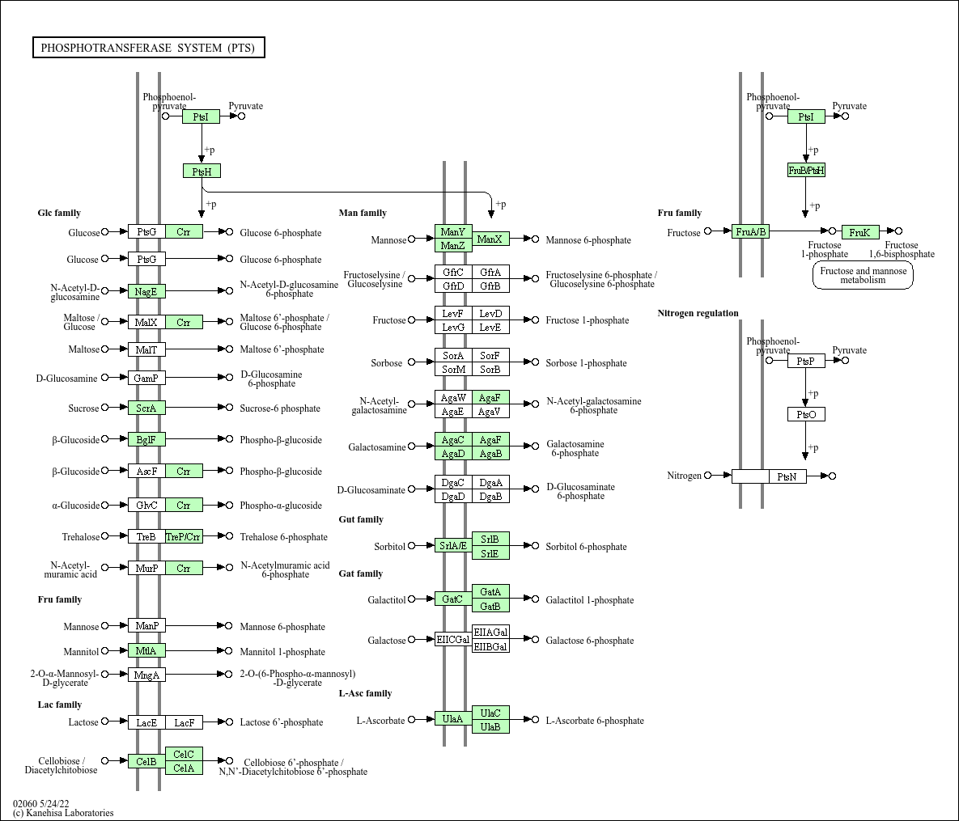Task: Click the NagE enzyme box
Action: pyautogui.click(x=146, y=291)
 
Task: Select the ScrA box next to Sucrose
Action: pyautogui.click(x=146, y=408)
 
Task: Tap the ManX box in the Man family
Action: pyautogui.click(x=490, y=239)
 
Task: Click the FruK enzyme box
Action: pyautogui.click(x=859, y=232)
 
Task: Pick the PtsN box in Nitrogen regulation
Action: pyautogui.click(x=787, y=476)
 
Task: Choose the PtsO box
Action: pyautogui.click(x=806, y=415)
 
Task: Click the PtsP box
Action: pyautogui.click(x=806, y=361)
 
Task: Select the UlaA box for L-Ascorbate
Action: pyautogui.click(x=453, y=719)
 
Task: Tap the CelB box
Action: pyautogui.click(x=146, y=761)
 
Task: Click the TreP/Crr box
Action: pyautogui.click(x=184, y=537)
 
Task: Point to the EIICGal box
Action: pyautogui.click(x=453, y=640)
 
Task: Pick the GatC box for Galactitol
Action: pyautogui.click(x=453, y=599)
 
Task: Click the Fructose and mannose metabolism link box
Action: pyautogui.click(x=863, y=276)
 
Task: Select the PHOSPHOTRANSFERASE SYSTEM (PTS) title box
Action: pyautogui.click(x=148, y=48)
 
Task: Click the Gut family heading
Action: pyautogui.click(x=361, y=519)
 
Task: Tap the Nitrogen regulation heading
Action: pyautogui.click(x=698, y=313)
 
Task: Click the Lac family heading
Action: pyautogui.click(x=60, y=705)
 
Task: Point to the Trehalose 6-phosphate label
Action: pyautogui.click(x=284, y=537)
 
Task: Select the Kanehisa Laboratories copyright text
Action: pyautogui.click(x=63, y=813)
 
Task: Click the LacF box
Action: pyautogui.click(x=184, y=722)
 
